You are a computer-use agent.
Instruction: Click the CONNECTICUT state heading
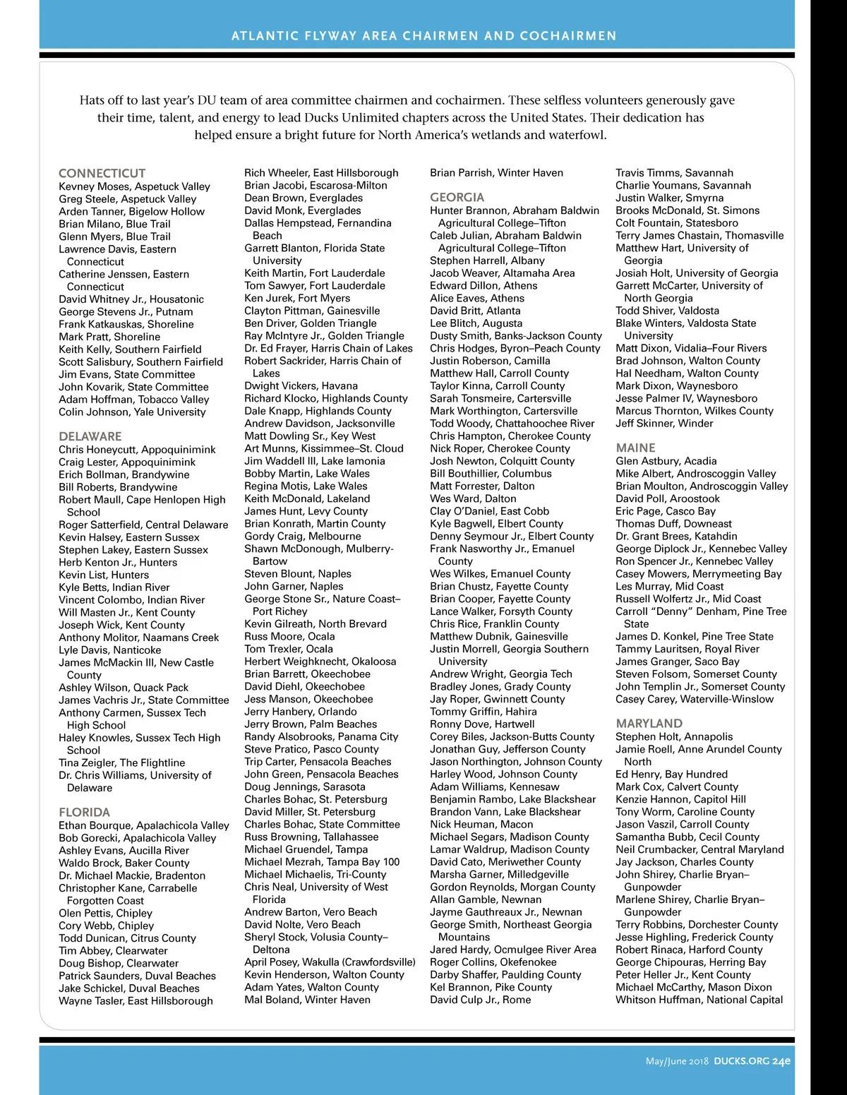click(x=102, y=173)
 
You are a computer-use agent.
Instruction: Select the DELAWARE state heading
click(x=90, y=436)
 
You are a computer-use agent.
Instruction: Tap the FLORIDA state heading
click(x=84, y=812)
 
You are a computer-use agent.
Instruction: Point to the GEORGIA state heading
click(x=457, y=198)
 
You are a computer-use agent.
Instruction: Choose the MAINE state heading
click(x=635, y=448)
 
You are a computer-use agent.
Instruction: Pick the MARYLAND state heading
click(x=649, y=724)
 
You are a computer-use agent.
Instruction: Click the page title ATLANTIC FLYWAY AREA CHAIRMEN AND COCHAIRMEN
click(x=423, y=35)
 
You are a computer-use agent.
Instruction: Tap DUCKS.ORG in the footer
click(x=740, y=1061)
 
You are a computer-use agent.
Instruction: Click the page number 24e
click(x=781, y=1061)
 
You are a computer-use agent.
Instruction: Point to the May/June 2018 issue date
click(x=676, y=1061)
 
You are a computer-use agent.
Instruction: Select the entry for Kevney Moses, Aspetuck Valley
click(x=134, y=186)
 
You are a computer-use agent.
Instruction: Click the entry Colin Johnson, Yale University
click(x=132, y=412)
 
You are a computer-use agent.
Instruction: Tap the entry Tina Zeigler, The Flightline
click(x=121, y=762)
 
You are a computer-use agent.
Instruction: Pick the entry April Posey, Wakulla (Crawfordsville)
click(x=330, y=962)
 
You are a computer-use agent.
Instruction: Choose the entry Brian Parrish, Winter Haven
click(x=496, y=173)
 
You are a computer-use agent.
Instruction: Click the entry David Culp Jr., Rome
click(x=480, y=1000)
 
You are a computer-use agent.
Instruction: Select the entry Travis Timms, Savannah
click(x=674, y=173)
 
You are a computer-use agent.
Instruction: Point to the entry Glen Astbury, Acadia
click(x=666, y=461)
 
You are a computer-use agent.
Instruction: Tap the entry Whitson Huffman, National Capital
click(x=699, y=1000)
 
